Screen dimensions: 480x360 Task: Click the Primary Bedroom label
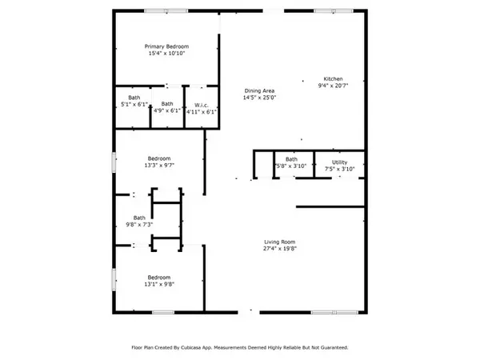166,46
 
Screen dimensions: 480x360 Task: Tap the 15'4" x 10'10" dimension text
166,54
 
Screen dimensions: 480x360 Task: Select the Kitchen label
333,78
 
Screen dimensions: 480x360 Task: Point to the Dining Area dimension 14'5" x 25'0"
259,98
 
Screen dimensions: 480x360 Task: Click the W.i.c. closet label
202,106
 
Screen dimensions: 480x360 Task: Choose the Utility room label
339,162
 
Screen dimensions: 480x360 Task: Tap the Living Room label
280,242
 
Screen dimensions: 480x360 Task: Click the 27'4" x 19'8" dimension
280,249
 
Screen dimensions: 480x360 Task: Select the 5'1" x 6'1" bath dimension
134,104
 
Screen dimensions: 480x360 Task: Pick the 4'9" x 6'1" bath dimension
167,110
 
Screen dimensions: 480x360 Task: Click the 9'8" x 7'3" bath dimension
139,225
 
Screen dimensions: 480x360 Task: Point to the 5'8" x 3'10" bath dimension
291,166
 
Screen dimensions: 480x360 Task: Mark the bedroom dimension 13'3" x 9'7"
159,166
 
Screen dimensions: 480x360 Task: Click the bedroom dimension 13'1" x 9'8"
159,284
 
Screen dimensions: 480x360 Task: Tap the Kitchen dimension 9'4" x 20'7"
333,86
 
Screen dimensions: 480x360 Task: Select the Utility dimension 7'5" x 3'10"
339,169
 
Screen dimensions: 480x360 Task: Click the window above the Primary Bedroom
166,11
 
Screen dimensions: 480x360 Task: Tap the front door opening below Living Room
249,312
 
